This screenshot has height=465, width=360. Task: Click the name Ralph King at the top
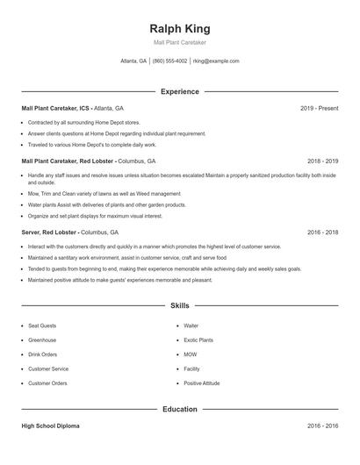(x=179, y=28)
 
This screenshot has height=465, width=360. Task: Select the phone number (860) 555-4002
(x=169, y=61)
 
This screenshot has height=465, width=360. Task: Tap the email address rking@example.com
(x=216, y=61)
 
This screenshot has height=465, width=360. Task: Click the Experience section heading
(x=179, y=91)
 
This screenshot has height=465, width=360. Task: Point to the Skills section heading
(x=179, y=306)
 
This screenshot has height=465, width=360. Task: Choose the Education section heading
(x=179, y=409)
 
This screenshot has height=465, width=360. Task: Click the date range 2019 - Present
(x=319, y=108)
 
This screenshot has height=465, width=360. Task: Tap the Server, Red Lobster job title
(x=49, y=232)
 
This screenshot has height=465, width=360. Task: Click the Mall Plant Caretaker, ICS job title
(x=55, y=108)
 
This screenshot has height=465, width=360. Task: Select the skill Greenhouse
(x=42, y=340)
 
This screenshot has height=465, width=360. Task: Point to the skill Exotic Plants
(x=198, y=340)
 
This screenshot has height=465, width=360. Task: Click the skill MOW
(x=191, y=354)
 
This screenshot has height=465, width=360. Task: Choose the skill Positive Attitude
(x=202, y=383)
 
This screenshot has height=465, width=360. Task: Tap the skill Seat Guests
(x=42, y=325)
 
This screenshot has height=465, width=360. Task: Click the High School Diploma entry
(x=50, y=426)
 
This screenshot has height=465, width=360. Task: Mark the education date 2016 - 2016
(x=322, y=426)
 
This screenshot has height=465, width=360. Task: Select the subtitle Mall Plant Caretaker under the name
(x=179, y=42)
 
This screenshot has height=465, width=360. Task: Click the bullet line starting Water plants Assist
(x=107, y=204)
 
